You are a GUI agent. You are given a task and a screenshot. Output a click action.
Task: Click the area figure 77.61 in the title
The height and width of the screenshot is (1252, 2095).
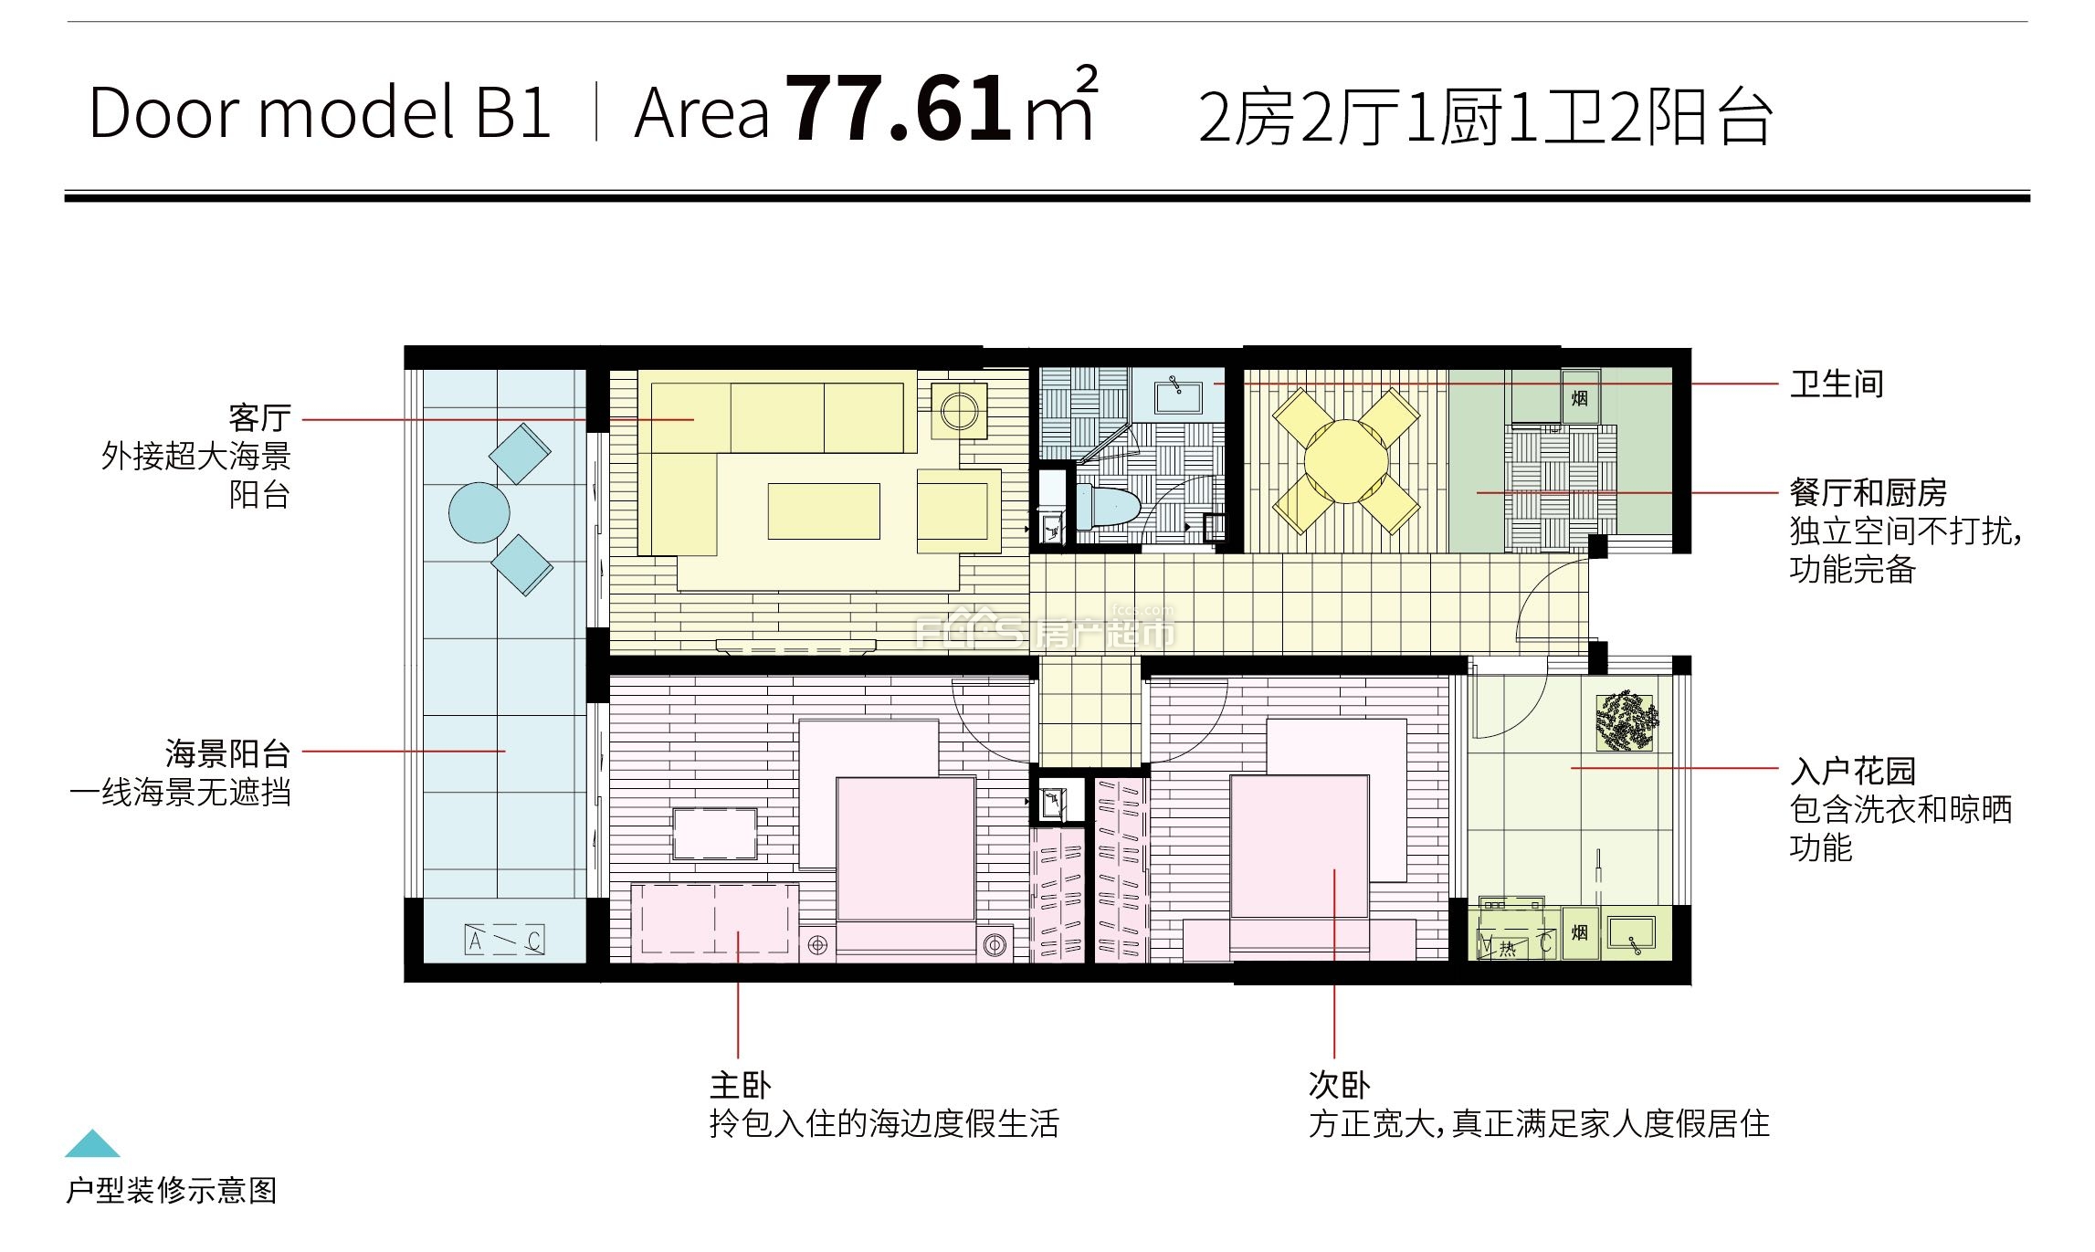899,109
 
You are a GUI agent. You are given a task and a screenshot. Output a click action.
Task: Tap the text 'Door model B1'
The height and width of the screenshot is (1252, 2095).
320,112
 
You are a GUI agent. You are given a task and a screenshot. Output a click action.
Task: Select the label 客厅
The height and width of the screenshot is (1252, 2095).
260,418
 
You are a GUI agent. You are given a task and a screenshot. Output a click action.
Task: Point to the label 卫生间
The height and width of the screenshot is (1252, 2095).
1837,384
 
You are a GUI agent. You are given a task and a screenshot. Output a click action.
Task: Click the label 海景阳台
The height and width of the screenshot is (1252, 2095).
228,753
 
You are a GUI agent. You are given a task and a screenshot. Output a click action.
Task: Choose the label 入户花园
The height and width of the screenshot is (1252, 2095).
1852,771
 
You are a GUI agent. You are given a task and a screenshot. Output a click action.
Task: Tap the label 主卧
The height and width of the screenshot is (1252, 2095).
741,1085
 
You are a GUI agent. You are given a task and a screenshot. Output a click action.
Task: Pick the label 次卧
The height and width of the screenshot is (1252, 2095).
1340,1085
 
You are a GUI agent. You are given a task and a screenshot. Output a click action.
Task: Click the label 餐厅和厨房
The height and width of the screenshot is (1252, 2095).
1869,493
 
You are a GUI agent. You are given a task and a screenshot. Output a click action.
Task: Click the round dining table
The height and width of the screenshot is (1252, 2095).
1346,461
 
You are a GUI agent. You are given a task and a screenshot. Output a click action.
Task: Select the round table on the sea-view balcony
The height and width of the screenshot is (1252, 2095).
479,512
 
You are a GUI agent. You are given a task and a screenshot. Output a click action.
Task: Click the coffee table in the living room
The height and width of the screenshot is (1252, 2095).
824,511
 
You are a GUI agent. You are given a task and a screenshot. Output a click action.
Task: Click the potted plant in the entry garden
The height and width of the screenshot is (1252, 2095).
1625,721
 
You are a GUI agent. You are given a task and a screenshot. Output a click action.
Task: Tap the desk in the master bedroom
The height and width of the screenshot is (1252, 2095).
714,834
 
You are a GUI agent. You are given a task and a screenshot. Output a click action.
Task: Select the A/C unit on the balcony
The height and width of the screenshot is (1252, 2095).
505,941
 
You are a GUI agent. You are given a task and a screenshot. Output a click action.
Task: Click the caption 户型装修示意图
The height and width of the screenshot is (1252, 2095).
172,1191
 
